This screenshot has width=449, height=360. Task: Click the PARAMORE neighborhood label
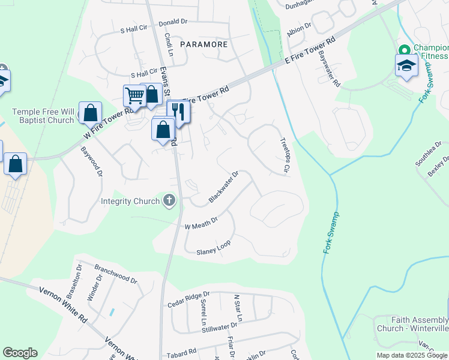203,44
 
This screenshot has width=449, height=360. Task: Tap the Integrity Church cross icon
170,200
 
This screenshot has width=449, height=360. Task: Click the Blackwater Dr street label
223,187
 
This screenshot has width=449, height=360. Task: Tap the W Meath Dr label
200,223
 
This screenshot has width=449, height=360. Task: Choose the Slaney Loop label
213,248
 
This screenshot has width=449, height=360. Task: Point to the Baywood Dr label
92,160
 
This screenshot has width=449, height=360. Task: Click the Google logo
20,353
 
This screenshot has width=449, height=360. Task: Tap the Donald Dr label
173,22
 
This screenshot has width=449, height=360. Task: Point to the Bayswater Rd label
330,67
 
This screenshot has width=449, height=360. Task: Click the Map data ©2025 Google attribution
412,355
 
